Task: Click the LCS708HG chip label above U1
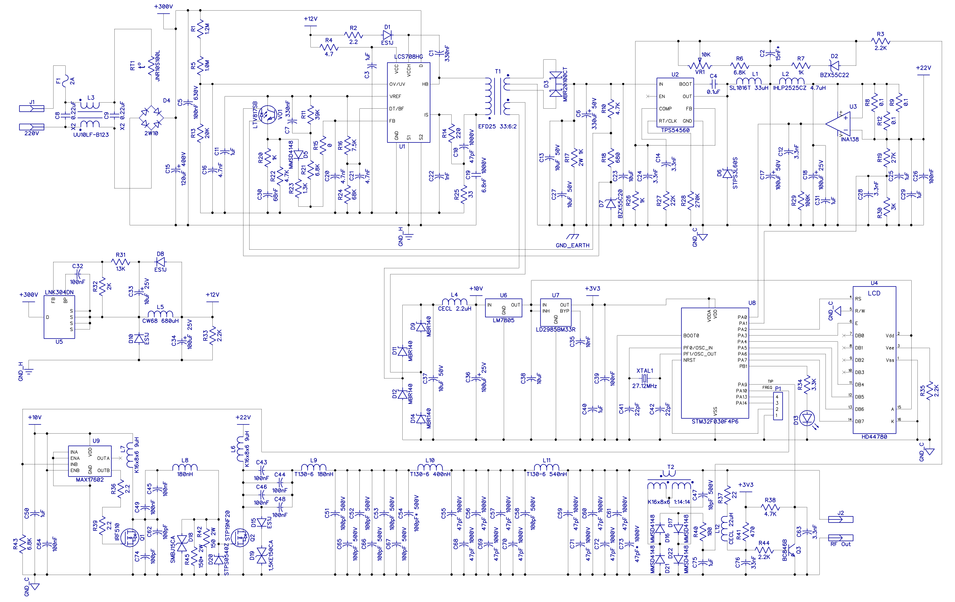click(408, 57)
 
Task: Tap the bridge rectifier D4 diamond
click(151, 117)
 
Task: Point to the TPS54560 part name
click(675, 130)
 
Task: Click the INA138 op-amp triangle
click(838, 124)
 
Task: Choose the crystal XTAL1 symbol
click(645, 378)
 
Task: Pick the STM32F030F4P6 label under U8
click(715, 421)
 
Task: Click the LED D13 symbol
click(808, 418)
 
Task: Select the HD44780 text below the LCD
click(874, 437)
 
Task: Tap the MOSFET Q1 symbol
click(130, 538)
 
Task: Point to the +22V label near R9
click(923, 68)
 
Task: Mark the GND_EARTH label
click(572, 245)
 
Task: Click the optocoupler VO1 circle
click(268, 115)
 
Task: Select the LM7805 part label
click(503, 320)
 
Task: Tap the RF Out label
click(840, 544)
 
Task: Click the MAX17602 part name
click(90, 479)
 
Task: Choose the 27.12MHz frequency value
click(645, 386)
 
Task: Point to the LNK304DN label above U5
click(59, 292)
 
